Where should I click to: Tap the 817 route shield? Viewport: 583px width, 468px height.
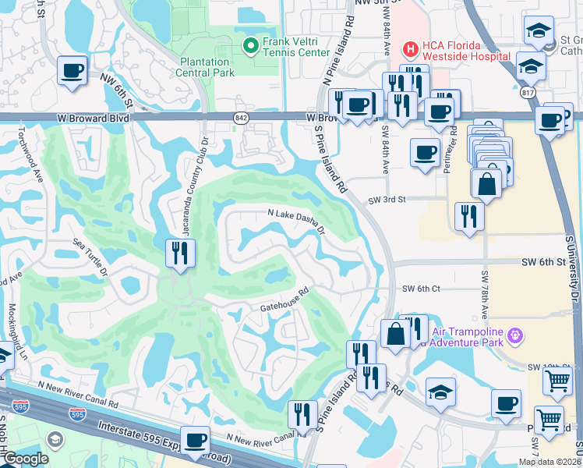click(x=528, y=91)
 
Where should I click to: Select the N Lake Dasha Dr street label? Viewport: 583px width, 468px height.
click(x=295, y=222)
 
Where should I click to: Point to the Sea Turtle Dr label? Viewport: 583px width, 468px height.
click(x=90, y=258)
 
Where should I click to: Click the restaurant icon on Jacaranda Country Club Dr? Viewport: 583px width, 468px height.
click(x=180, y=253)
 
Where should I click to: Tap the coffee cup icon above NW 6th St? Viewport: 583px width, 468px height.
click(x=72, y=70)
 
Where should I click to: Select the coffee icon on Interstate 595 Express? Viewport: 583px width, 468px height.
click(x=194, y=438)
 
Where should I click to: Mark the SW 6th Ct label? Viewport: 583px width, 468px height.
click(x=421, y=289)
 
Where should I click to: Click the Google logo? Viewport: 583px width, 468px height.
click(x=25, y=459)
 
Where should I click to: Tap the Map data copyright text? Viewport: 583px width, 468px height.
click(x=550, y=462)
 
